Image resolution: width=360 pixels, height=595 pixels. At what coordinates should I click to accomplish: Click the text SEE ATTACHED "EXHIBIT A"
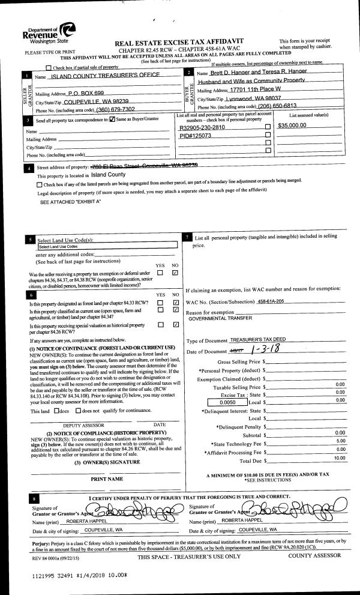point(70,202)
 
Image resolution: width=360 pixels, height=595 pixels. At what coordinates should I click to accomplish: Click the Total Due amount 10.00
point(340,458)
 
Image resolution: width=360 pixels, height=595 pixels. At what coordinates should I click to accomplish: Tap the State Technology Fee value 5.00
point(340,441)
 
